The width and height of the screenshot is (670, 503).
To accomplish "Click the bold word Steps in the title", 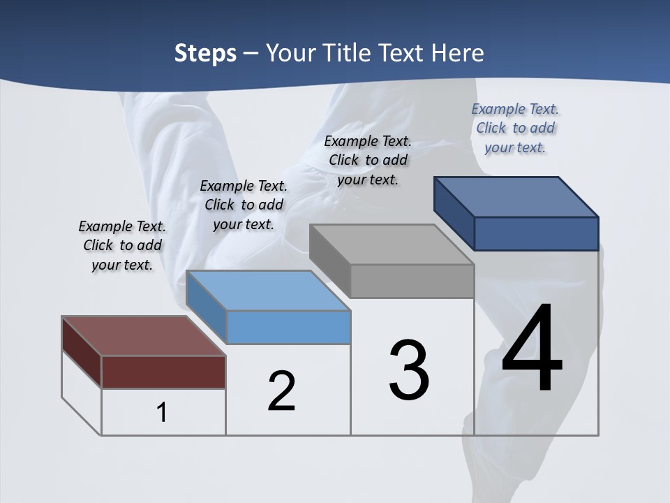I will pos(205,53).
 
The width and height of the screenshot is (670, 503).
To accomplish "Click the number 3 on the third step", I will pos(409,370).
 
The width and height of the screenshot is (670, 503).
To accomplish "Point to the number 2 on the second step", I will pos(281,391).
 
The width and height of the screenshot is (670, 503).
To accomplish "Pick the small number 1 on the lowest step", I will pos(162,412).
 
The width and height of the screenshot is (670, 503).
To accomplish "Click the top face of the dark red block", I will pos(143,336).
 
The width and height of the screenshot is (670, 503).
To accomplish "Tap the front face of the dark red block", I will pos(163,372).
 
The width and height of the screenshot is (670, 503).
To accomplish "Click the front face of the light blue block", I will pos(289,327).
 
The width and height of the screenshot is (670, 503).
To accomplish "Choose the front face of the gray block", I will pos(412,281).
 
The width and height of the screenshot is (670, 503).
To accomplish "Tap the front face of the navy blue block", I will pos(536,233).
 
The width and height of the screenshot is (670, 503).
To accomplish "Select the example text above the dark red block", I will pos(122,246).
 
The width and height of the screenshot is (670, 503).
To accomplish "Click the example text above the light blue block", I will pos(244,205).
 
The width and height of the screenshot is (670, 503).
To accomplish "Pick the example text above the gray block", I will pos(368,161).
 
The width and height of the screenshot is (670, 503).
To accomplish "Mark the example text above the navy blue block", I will pos(515,129).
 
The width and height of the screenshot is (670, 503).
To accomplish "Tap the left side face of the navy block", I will pos(454,210).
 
